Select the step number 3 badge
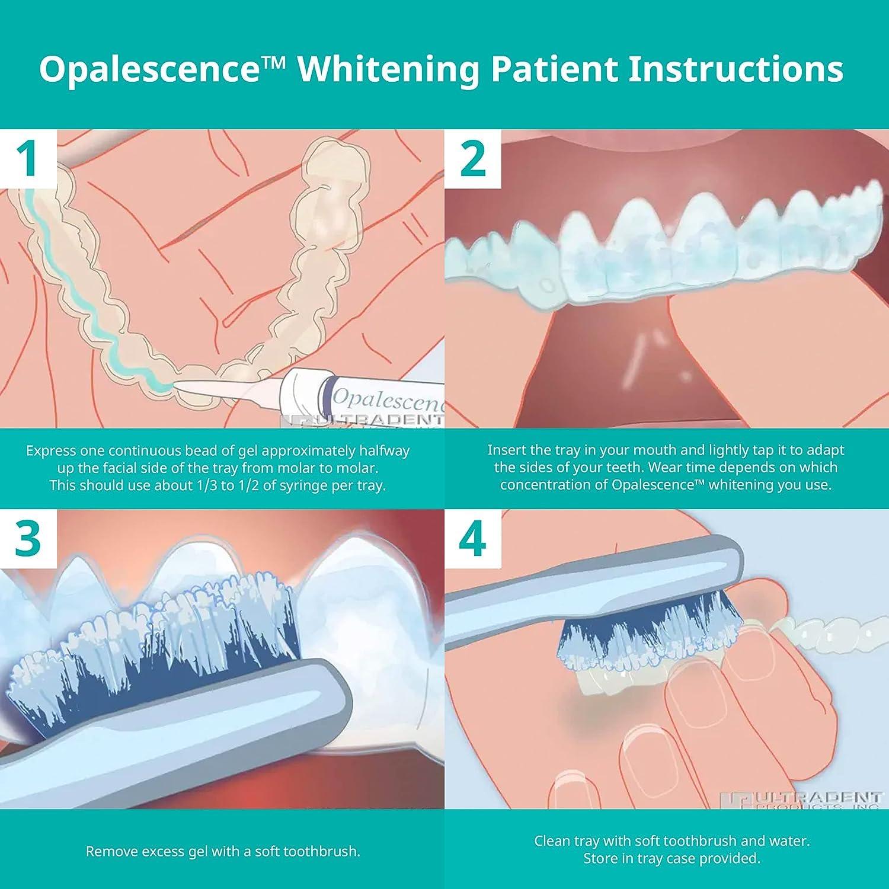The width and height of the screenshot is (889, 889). [28, 538]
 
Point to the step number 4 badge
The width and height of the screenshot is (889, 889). [472, 538]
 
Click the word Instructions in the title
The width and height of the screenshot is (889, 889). [735, 69]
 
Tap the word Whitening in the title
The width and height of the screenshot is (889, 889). [388, 70]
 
